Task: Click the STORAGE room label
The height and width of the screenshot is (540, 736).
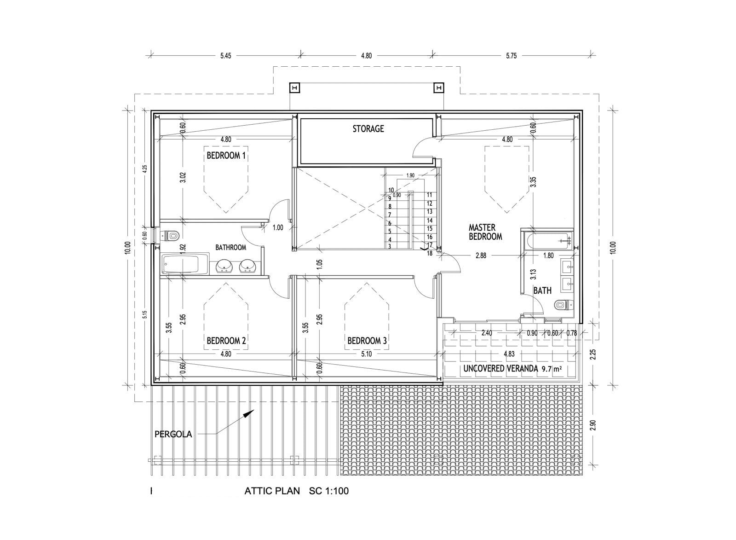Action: tap(368, 128)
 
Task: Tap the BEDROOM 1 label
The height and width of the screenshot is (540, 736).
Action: tap(226, 156)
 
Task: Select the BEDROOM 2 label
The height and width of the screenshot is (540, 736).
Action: tap(226, 341)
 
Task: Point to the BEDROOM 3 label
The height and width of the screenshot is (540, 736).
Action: tap(367, 341)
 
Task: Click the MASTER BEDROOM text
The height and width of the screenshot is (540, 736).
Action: tap(485, 232)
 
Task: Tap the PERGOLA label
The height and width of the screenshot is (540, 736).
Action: tap(173, 434)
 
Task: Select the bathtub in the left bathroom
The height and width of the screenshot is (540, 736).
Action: tap(185, 264)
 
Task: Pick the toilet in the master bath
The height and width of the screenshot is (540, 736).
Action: tap(563, 305)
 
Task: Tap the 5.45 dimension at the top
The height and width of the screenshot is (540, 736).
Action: tap(226, 56)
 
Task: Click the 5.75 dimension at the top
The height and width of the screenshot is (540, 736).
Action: tap(511, 56)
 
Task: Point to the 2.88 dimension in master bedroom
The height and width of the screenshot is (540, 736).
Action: tap(481, 255)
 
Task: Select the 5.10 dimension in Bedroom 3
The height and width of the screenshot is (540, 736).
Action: tap(366, 354)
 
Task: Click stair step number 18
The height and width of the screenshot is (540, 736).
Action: tap(430, 254)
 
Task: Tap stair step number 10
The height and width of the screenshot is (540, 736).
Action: tap(391, 190)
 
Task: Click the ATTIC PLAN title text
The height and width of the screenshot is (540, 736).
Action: tap(272, 491)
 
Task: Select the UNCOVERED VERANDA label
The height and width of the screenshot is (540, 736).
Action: tap(500, 369)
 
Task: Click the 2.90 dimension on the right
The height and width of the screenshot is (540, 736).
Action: tap(593, 425)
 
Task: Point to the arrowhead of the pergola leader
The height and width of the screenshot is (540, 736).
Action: tap(250, 413)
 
